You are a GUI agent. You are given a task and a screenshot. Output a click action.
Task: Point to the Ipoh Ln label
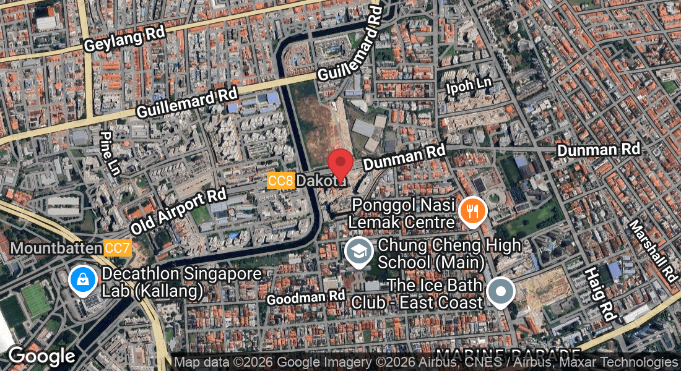(x=469, y=86)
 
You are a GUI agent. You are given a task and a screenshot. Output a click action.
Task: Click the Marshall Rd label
(x=653, y=250)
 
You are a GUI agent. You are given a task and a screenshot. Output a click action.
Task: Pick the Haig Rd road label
(x=600, y=293)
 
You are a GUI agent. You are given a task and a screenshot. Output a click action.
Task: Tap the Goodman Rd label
(x=305, y=297)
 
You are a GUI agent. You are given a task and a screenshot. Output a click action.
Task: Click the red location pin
(x=340, y=164)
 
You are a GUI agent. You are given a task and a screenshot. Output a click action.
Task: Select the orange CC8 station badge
(x=280, y=181)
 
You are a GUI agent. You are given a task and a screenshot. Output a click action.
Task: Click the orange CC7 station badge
(x=118, y=249)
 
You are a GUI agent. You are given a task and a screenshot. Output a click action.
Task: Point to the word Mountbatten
(x=56, y=249)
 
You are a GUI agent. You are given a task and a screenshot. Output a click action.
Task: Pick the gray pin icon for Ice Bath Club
(x=500, y=291)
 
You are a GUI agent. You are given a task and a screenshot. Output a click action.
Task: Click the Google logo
(x=41, y=356)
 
